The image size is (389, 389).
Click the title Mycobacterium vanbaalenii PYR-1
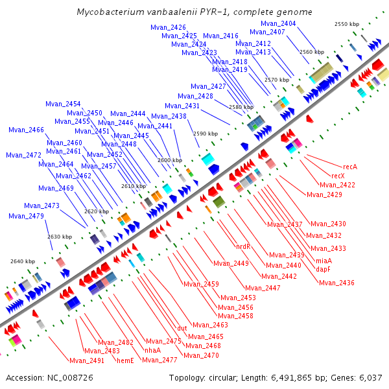(x=194, y=12)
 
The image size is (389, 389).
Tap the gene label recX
(x=338, y=176)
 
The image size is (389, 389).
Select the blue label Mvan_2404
(x=279, y=23)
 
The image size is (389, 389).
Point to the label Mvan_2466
(x=26, y=130)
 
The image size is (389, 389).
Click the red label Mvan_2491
(x=87, y=360)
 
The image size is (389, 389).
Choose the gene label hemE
(x=125, y=360)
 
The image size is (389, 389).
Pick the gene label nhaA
(x=152, y=350)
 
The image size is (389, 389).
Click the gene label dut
(x=182, y=328)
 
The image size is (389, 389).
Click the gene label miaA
(x=324, y=260)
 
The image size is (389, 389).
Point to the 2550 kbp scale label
(x=347, y=23)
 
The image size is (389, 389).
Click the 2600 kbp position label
(x=170, y=159)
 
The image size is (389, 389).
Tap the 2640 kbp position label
(x=23, y=261)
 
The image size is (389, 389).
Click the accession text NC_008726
(x=49, y=377)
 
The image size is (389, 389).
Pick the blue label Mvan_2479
(x=27, y=216)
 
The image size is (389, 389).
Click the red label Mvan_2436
(x=336, y=283)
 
